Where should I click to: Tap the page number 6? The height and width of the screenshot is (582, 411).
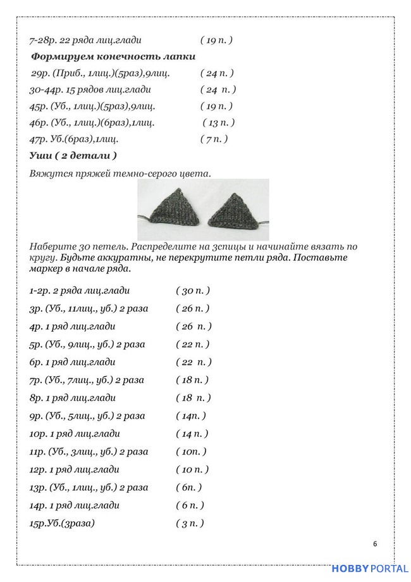376,544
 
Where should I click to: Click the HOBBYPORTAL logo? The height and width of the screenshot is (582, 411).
369,569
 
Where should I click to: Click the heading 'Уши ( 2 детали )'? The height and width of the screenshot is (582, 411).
73,155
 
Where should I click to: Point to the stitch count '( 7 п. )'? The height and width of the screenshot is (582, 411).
214,139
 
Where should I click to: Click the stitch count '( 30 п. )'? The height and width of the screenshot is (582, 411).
193,291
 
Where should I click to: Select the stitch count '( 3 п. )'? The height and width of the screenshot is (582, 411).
190,524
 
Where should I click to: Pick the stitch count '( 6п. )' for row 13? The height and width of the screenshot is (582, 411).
189,488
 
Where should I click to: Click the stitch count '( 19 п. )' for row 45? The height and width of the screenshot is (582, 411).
216,106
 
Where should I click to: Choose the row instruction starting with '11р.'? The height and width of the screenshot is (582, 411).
89,452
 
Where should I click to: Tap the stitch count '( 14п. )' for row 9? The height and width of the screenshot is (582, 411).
191,416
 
